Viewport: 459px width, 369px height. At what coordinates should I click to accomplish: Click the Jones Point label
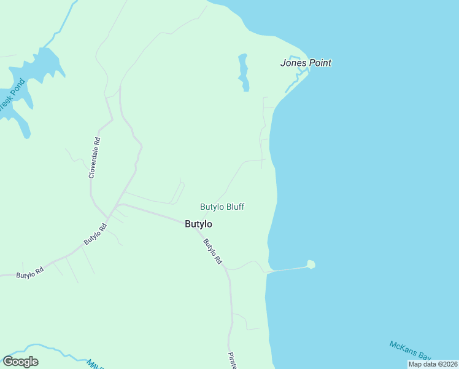[306, 63]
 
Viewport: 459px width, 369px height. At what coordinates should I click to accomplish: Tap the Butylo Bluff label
[222, 207]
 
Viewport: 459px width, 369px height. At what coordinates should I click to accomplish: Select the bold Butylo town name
[198, 224]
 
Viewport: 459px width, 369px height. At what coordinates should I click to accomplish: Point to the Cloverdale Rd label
[94, 158]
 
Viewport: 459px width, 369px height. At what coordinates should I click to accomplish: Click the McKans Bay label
[411, 350]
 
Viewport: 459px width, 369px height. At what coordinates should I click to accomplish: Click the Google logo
[20, 362]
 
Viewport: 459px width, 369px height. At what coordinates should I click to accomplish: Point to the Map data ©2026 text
[433, 364]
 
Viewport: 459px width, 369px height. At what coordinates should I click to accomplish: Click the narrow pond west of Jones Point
[244, 72]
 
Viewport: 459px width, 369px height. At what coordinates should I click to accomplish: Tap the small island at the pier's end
[311, 264]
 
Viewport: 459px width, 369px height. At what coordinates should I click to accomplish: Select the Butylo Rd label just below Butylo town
[212, 252]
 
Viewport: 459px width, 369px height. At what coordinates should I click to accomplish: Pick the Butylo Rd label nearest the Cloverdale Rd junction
[95, 234]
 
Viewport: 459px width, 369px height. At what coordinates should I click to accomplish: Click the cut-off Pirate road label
[233, 360]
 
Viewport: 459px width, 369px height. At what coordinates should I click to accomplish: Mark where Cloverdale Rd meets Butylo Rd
[108, 217]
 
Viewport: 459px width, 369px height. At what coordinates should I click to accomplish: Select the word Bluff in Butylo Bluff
[234, 207]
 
